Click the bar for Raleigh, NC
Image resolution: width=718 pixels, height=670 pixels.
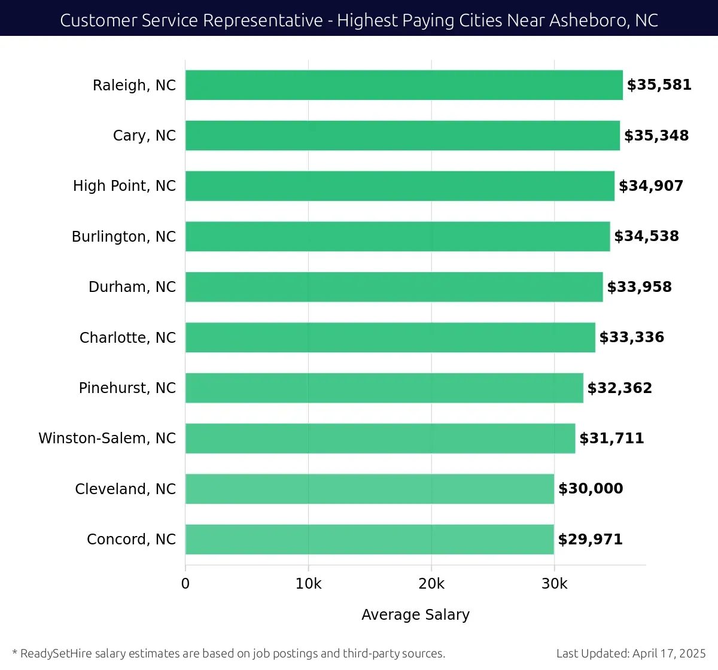[x=404, y=85]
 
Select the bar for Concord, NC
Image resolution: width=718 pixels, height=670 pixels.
[x=370, y=539]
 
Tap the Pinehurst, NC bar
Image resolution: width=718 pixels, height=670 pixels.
[x=384, y=388]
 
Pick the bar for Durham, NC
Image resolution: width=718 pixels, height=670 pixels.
[x=394, y=287]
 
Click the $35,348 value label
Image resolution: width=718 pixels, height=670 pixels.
[x=656, y=136]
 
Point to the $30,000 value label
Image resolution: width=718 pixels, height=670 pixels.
[x=591, y=489]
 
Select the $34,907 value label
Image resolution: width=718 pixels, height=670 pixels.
[x=651, y=186]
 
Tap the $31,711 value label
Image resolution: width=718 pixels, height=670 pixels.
[x=611, y=438]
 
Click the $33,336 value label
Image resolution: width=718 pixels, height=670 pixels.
[x=631, y=337]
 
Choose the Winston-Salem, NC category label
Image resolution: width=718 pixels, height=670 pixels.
[x=107, y=438]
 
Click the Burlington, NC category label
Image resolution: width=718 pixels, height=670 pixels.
[x=124, y=237]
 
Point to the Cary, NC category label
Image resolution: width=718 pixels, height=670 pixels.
[x=144, y=136]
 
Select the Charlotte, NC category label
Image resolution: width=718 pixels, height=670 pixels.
[x=127, y=338]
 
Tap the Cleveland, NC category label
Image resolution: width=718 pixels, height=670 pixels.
[x=125, y=489]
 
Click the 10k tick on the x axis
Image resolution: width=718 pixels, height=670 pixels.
[x=308, y=584]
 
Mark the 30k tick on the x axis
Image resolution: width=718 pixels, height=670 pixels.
[x=554, y=584]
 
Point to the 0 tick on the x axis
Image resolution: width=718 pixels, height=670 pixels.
[x=185, y=584]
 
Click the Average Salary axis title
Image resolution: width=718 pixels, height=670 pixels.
[x=415, y=615]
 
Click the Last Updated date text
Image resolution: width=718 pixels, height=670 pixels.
[x=631, y=653]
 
